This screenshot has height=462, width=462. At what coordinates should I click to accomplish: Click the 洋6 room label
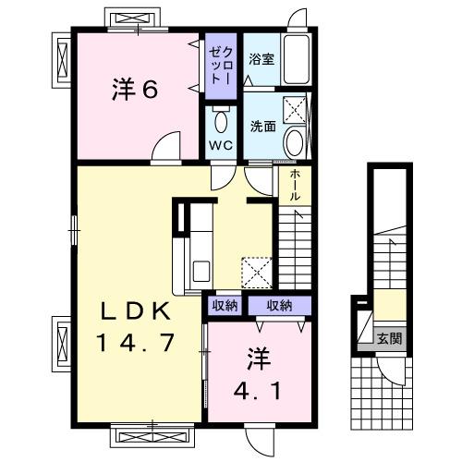(x=136, y=90)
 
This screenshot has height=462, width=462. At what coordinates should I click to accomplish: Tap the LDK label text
(x=134, y=311)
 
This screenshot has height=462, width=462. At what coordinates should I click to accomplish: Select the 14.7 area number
(x=134, y=345)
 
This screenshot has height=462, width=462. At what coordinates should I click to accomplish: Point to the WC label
(x=219, y=145)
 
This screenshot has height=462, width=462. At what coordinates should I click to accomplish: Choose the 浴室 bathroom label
(x=261, y=59)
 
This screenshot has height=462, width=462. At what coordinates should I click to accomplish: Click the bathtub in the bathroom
(x=297, y=61)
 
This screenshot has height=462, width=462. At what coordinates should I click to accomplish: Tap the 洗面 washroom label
(x=261, y=126)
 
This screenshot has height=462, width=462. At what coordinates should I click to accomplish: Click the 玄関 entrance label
(x=388, y=339)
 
